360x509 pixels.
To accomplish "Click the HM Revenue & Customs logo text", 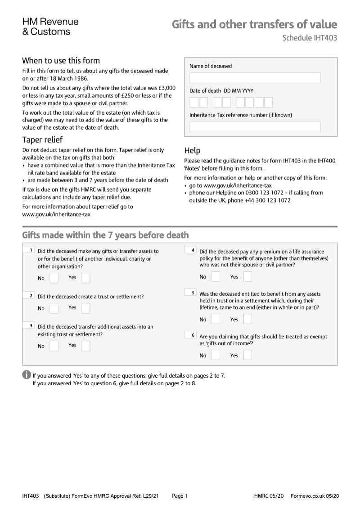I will (50, 27).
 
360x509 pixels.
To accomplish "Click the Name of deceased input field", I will (255, 78).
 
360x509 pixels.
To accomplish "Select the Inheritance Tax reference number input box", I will (255, 127).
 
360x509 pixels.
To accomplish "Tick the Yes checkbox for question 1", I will (85, 278).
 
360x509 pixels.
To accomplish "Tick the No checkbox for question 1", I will (54, 278).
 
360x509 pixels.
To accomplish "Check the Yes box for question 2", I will (85, 308).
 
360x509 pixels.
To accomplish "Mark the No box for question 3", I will (54, 346).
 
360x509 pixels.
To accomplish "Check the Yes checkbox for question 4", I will (247, 277).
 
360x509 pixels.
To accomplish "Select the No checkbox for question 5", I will (216, 320).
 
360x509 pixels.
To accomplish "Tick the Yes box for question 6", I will (247, 356).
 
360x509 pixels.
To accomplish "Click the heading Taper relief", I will (42, 140).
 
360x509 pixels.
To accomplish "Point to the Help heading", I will (192, 150).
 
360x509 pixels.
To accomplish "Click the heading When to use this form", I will (61, 61).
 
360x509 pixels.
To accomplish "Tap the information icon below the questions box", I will (27, 375).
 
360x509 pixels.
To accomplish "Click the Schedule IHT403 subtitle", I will (309, 38).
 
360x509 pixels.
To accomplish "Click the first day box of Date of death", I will (194, 102).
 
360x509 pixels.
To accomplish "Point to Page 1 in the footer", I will (180, 496).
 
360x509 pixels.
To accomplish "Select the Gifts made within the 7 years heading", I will (105, 235).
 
